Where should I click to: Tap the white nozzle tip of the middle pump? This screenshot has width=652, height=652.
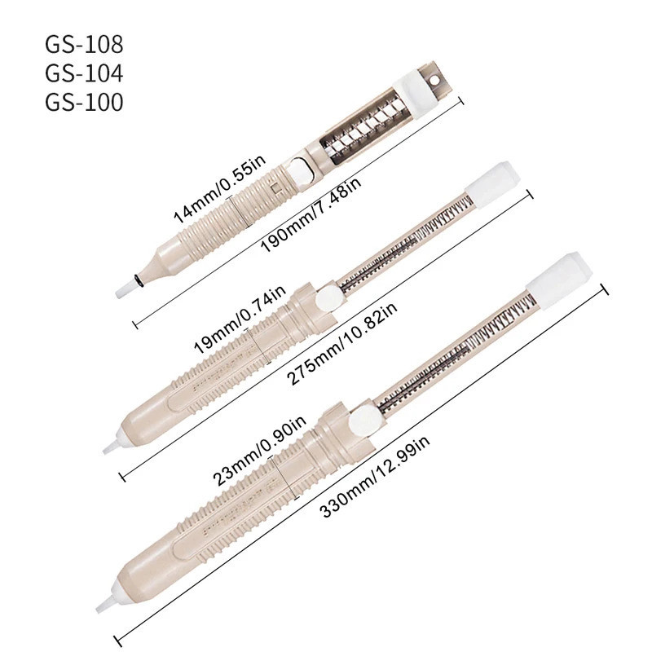click(x=110, y=445)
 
